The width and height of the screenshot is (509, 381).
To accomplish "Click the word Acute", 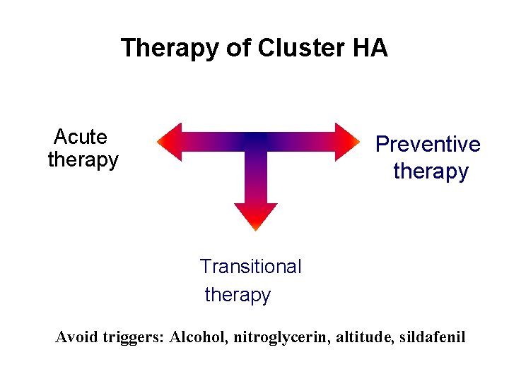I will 81,136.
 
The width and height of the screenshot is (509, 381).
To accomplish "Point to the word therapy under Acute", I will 83,160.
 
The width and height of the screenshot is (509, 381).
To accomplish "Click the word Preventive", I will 428,145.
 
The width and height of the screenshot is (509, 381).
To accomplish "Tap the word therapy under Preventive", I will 431,171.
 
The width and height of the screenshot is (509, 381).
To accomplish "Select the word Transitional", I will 250,267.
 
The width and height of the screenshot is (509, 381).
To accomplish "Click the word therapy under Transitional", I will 238,295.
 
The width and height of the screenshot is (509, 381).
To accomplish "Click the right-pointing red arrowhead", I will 347,142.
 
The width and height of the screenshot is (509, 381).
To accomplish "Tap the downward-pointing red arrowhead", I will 256,216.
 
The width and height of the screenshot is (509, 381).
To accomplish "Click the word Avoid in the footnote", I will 76,337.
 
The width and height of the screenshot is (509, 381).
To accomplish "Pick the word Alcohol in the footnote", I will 198,337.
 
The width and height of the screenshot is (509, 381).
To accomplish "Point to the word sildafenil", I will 432,337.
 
